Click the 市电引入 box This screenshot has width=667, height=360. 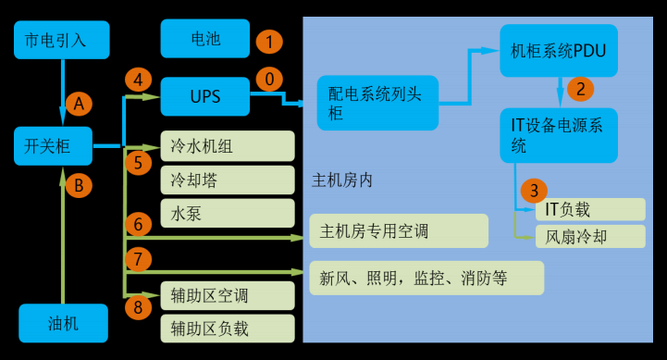click(x=62, y=40)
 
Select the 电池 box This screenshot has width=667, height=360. click(x=204, y=39)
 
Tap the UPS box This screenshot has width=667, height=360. click(x=204, y=96)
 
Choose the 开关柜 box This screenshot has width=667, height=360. click(x=54, y=145)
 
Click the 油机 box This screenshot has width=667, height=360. click(x=62, y=323)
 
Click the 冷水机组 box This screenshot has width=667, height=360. click(x=228, y=146)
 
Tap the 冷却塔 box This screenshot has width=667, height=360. click(x=228, y=180)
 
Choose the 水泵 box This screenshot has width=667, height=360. click(x=228, y=214)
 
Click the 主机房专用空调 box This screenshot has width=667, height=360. click(x=399, y=230)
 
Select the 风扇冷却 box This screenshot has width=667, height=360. click(x=589, y=236)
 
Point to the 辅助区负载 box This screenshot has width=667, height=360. click(x=228, y=328)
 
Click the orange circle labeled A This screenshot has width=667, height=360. click(x=79, y=105)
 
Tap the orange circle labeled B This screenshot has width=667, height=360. click(x=79, y=185)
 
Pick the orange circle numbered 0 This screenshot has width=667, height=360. click(x=269, y=80)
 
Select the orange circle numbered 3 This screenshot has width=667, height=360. click(x=534, y=191)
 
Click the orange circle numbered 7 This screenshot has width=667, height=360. click(x=138, y=258)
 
